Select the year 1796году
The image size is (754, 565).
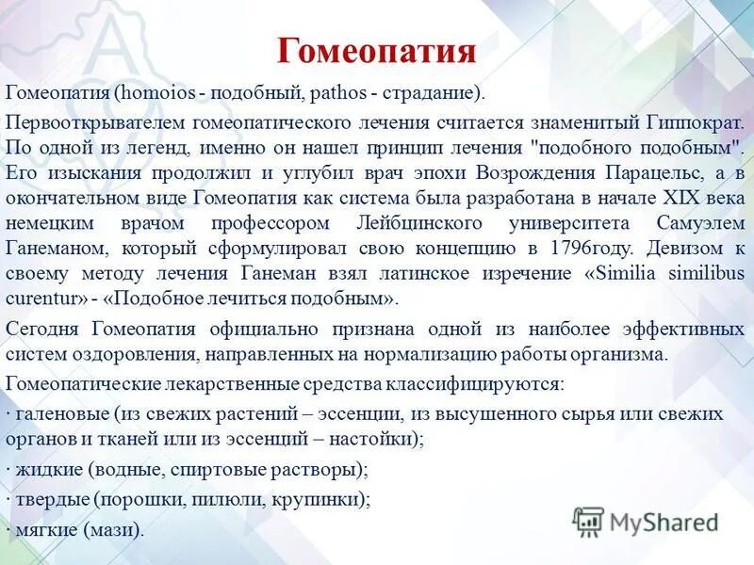point(590,249)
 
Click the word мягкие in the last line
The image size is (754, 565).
point(46,529)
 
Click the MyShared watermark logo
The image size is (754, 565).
point(646,521)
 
